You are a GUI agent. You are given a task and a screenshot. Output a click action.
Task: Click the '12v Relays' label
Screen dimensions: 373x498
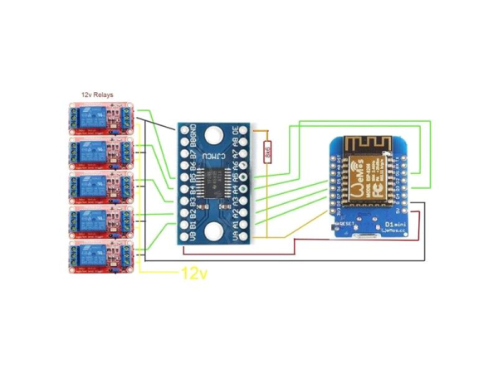point(98,96)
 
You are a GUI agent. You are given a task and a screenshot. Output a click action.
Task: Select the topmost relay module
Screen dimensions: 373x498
point(100,119)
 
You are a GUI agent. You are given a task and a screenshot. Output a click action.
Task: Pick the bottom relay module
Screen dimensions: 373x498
point(100,256)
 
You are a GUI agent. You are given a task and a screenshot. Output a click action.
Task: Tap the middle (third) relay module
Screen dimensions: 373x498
point(100,187)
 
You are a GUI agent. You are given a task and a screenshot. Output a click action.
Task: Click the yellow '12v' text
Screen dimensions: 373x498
point(193,272)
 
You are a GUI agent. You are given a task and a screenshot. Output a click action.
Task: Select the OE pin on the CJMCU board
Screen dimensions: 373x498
point(245,131)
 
